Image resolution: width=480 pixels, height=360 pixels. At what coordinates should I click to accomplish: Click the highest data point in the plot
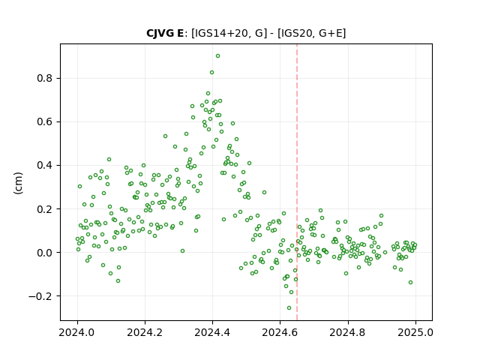point(217,56)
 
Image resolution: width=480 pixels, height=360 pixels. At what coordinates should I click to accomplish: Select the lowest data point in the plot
point(289,308)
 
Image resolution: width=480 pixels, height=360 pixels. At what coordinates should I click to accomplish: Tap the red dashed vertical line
point(297,182)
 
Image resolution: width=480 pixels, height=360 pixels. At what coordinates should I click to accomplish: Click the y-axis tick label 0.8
point(45,78)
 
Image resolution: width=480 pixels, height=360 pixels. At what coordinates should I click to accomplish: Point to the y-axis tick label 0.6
point(45,121)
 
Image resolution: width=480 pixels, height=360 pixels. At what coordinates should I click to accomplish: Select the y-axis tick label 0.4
point(45,165)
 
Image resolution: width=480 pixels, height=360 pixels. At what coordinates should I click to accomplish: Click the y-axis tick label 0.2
point(45,209)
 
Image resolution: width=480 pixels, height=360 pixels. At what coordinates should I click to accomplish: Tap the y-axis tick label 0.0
point(45,253)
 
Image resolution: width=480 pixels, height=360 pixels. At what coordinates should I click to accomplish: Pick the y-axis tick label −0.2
point(40,296)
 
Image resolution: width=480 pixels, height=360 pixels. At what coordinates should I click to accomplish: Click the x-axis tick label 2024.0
point(77,332)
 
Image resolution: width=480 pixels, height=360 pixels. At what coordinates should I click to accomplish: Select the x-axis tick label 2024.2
point(145,332)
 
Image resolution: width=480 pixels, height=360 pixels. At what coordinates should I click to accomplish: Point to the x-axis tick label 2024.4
point(212,332)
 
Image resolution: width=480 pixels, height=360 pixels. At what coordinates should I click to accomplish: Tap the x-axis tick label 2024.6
point(280,332)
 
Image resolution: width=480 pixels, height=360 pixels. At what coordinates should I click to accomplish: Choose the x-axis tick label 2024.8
point(348,332)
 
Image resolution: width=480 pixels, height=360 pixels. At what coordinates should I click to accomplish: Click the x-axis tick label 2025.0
point(415,332)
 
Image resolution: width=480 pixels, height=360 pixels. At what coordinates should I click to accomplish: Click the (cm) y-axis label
point(18,183)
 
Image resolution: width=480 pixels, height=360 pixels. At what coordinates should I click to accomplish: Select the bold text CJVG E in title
point(165,33)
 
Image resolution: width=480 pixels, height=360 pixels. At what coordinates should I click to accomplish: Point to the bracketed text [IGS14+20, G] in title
point(226,33)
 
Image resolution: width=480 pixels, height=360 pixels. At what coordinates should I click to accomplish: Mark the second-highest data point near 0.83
point(211,73)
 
